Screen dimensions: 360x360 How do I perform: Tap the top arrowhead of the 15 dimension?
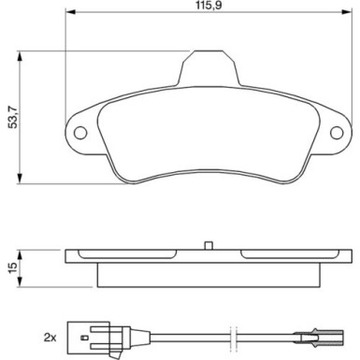(22, 251)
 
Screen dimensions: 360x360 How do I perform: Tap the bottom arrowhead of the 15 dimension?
(22, 287)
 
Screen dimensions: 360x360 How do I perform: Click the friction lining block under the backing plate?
(208, 274)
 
